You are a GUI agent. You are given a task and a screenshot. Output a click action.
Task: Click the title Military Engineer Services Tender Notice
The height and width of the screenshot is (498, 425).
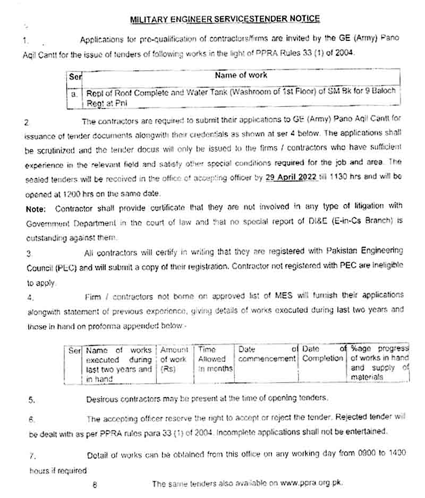click(x=225, y=19)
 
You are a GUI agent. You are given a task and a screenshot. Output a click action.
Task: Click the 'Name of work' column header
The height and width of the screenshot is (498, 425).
click(x=241, y=75)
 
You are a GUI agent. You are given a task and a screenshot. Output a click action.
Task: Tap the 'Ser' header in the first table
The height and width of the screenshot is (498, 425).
click(x=74, y=77)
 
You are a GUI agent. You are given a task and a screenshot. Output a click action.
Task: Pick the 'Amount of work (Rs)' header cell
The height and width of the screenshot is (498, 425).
click(x=174, y=359)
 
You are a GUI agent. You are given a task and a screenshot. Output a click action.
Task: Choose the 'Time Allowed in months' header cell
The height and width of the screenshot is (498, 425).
click(x=214, y=359)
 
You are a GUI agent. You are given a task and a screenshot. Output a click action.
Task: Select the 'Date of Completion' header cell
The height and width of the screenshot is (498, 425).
click(x=323, y=354)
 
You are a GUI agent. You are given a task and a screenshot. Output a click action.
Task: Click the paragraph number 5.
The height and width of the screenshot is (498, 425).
click(x=32, y=400)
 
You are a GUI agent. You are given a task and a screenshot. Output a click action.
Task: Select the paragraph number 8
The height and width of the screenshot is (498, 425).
click(x=95, y=484)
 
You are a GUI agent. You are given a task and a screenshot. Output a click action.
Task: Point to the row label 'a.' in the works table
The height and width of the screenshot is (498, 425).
click(x=74, y=93)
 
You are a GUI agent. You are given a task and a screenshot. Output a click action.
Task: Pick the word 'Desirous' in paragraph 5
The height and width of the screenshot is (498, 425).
click(x=103, y=398)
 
